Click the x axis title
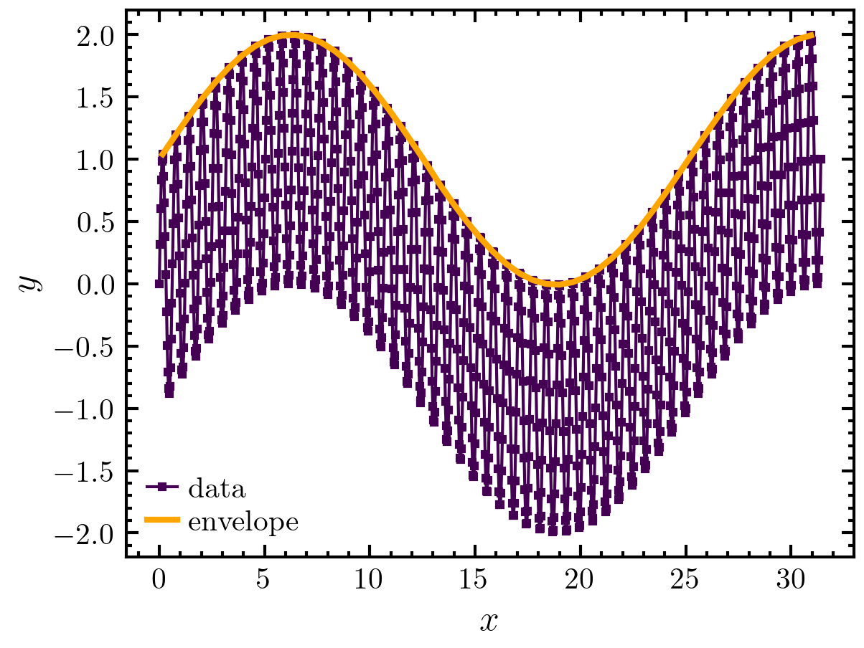pos(489,621)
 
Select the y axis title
pos(29,284)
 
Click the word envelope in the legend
pos(243,522)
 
